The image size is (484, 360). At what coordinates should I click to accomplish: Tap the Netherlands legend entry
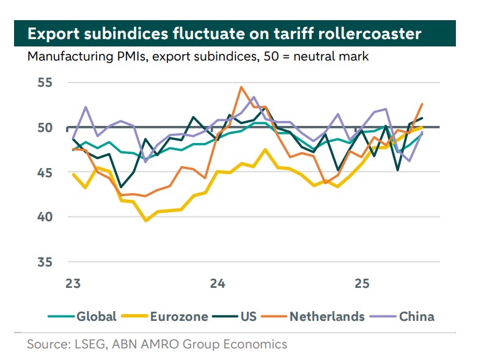point(326,316)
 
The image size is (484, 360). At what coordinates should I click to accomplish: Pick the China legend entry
point(416,316)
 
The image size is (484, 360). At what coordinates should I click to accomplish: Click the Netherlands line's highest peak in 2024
point(241,87)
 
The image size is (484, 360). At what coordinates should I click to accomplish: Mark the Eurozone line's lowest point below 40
point(145,220)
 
